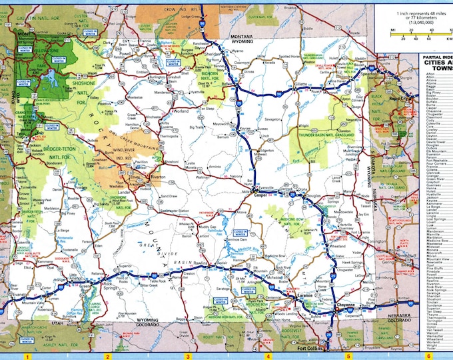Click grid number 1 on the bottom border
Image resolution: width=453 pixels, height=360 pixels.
click(x=27, y=356)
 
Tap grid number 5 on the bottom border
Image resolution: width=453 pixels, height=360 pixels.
click(x=346, y=356)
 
